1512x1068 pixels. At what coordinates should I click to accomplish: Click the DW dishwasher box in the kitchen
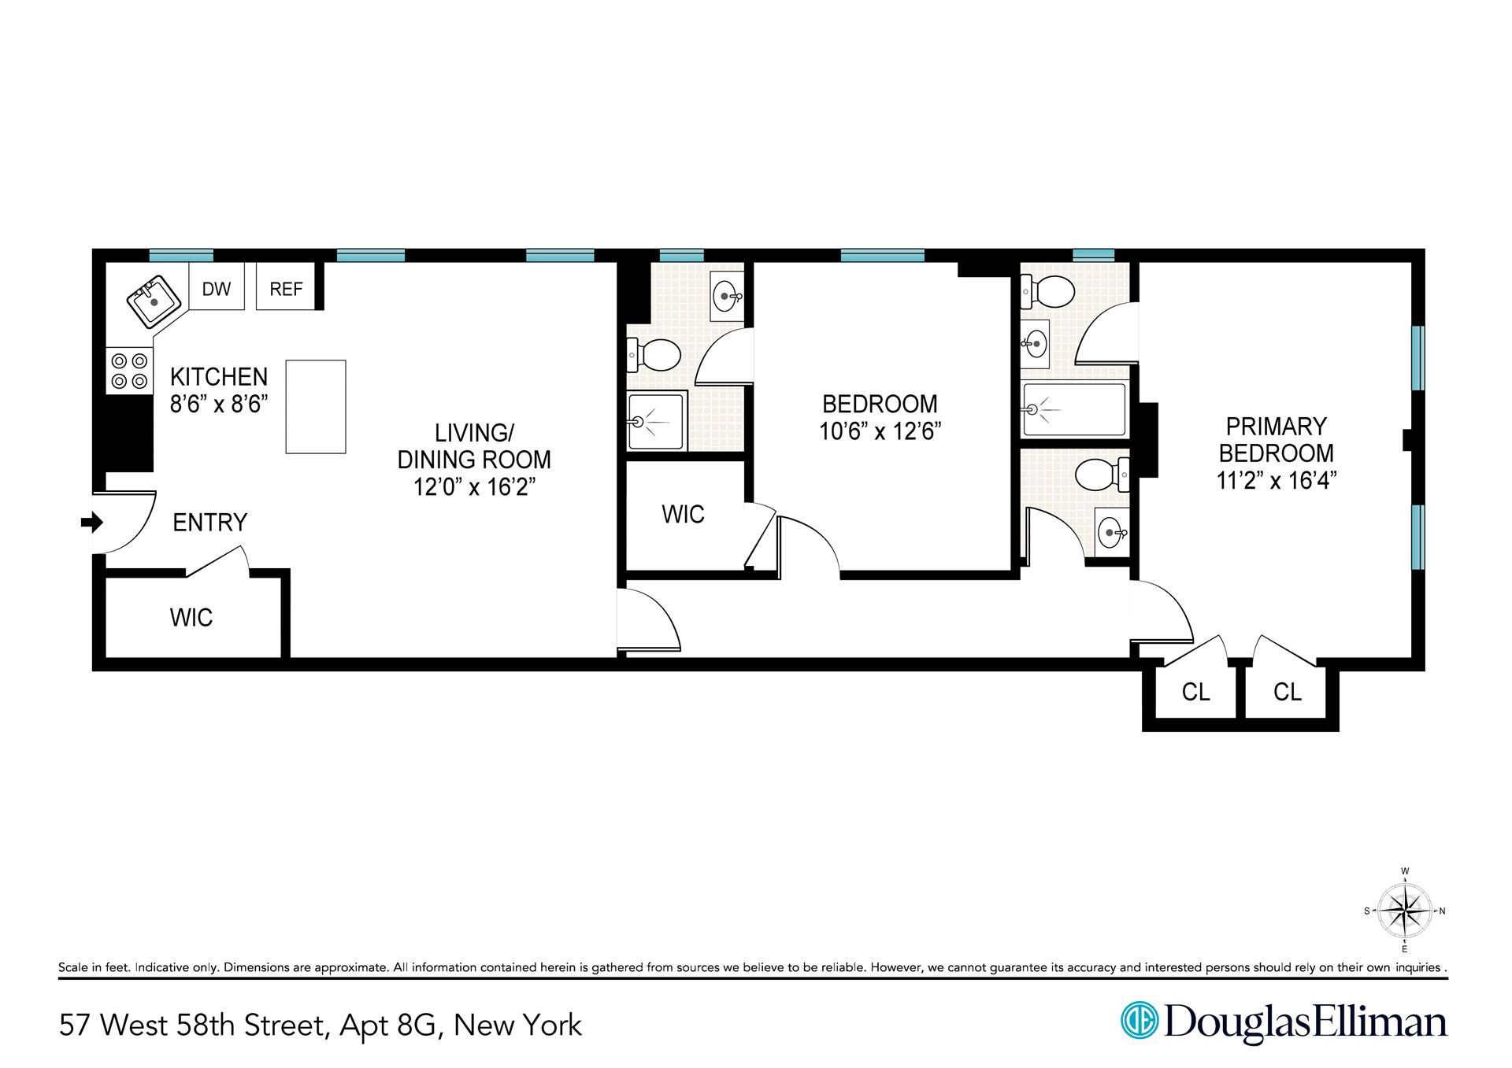217,288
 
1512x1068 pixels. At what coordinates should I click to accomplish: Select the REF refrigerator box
286,288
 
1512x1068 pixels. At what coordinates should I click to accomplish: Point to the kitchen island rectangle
315,406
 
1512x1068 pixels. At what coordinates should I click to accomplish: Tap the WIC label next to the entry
191,618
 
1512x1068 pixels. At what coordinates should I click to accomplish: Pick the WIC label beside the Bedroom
683,515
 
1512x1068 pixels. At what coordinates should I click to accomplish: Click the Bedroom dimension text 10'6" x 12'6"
880,431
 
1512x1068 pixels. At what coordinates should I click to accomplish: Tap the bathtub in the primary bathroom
1074,409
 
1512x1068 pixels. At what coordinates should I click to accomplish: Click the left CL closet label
1195,692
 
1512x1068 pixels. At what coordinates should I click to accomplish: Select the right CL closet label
1287,692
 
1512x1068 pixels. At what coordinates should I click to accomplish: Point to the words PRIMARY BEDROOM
1276,440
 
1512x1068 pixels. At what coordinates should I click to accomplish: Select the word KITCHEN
219,376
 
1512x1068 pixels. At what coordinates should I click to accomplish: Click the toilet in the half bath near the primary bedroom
1102,475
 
